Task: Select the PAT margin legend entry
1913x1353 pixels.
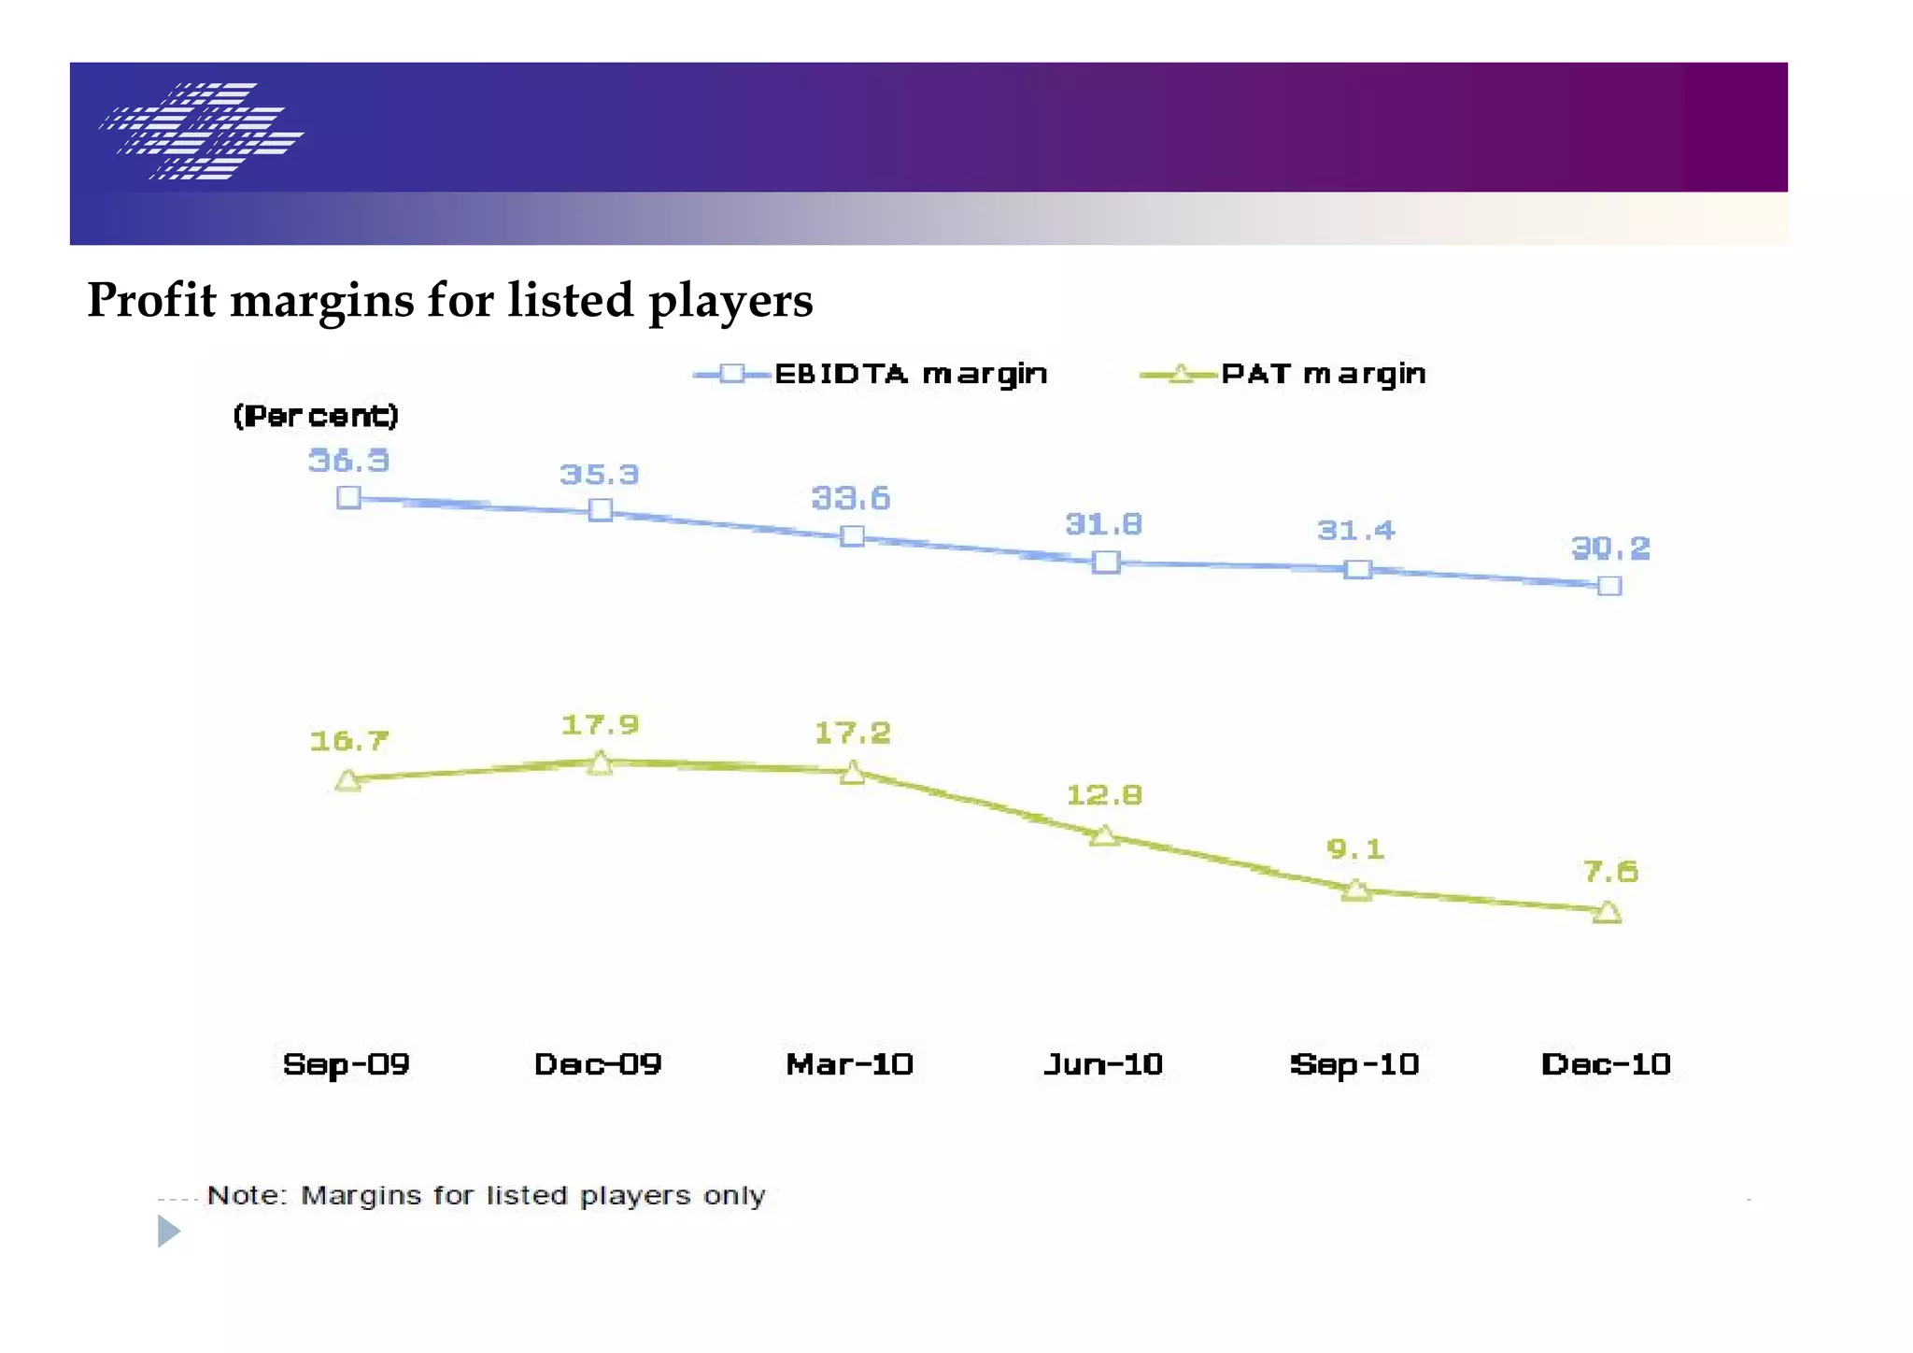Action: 1283,374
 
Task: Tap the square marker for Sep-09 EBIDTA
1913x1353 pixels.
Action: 348,497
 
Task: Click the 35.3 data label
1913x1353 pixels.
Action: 599,475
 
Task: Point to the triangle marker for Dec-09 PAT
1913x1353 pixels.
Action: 601,763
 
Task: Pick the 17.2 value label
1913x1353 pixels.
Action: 852,733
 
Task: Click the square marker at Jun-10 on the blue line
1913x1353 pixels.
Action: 1106,562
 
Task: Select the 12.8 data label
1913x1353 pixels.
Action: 1104,795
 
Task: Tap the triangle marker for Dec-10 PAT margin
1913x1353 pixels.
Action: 1608,912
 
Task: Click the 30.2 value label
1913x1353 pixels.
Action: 1610,548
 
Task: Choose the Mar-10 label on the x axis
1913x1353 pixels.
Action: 849,1064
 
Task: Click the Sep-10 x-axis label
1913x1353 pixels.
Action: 1354,1064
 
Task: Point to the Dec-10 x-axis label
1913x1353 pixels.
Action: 1606,1064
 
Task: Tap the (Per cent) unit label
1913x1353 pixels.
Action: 316,415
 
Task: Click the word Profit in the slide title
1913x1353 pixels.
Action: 151,301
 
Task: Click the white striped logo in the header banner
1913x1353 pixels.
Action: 202,131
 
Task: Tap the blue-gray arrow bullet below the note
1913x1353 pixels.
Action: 168,1231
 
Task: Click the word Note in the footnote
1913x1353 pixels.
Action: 246,1195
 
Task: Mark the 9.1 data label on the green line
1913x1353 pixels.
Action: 1355,849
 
